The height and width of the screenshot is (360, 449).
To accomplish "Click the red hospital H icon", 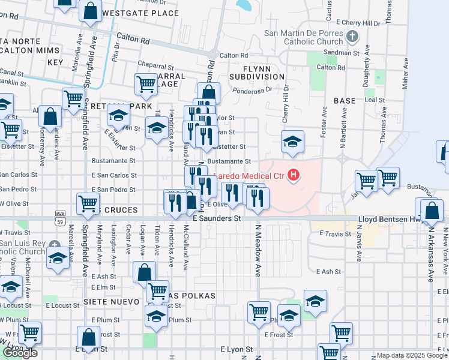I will [x=294, y=175].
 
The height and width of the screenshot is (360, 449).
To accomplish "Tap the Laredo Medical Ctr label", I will [x=252, y=175].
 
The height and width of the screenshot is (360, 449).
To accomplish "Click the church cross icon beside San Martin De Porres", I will [x=352, y=37].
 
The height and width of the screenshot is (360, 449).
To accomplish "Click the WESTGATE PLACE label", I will [x=140, y=13].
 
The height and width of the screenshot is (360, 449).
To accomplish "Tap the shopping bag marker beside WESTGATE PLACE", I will [x=90, y=11].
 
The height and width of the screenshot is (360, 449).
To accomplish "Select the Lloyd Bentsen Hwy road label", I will [x=390, y=220].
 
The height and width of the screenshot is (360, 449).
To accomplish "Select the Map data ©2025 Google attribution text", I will [x=411, y=355].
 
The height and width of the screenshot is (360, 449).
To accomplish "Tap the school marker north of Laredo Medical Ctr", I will [x=292, y=142].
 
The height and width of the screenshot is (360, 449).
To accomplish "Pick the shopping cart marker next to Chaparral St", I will [x=146, y=85].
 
